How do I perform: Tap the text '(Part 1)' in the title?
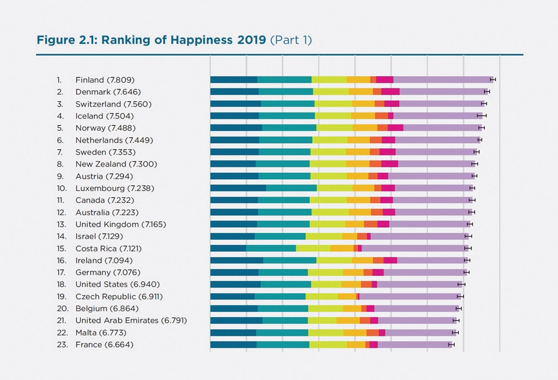point(291,40)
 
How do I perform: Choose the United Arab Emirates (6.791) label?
point(131,321)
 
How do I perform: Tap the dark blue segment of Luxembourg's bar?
point(238,188)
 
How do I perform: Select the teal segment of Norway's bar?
point(289,128)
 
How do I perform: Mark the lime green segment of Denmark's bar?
point(331,92)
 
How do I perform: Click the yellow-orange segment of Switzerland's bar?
point(363,104)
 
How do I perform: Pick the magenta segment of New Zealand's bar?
point(389,164)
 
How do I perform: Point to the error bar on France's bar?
point(451,345)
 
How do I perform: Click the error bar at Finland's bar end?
point(493,80)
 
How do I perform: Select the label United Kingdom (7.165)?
point(115,224)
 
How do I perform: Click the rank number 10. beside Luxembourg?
point(62,188)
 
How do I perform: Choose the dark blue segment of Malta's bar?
point(233,333)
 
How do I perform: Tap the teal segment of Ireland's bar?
point(289,260)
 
